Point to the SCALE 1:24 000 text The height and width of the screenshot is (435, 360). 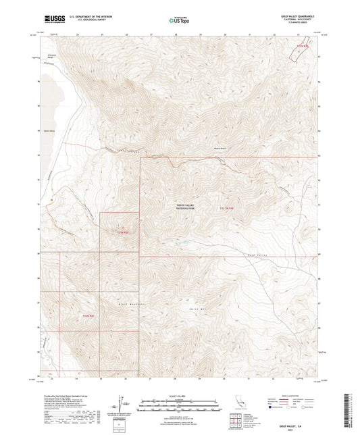(x=180, y=394)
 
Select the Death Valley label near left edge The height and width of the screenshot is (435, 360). (x=49, y=131)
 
